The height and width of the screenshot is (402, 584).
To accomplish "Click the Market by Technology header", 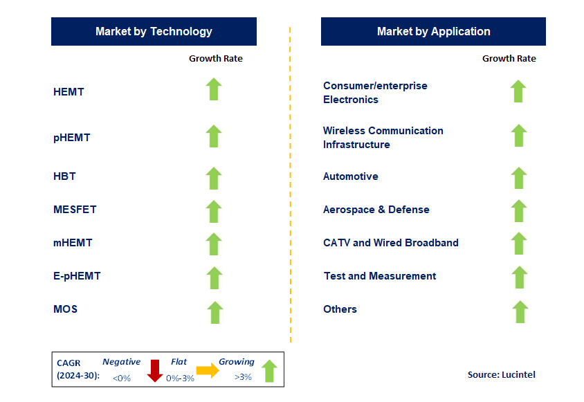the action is pyautogui.click(x=154, y=31).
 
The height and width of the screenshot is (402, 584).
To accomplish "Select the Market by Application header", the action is pyautogui.click(x=433, y=31).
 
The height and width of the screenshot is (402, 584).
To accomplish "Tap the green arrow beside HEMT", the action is pyautogui.click(x=214, y=89).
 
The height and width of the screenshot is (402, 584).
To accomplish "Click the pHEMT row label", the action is pyautogui.click(x=72, y=138).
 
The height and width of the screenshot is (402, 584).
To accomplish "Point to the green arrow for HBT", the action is pyautogui.click(x=214, y=178).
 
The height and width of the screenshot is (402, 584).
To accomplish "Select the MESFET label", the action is pyautogui.click(x=75, y=210).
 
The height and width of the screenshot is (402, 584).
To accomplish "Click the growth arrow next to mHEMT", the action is pyautogui.click(x=214, y=244).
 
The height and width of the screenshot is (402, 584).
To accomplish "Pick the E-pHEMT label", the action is pyautogui.click(x=77, y=276).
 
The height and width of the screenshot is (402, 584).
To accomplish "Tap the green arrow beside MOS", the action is pyautogui.click(x=215, y=312).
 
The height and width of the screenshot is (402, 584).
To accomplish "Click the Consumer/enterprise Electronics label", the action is pyautogui.click(x=375, y=93).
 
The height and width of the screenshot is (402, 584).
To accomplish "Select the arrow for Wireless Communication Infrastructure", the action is pyautogui.click(x=518, y=135).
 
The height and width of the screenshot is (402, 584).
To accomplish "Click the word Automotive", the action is pyautogui.click(x=351, y=176).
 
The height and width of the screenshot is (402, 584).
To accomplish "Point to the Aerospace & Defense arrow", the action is pyautogui.click(x=518, y=211).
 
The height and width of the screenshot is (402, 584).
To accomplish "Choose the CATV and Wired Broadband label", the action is pyautogui.click(x=391, y=243).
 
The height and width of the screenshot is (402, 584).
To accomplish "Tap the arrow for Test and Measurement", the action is pyautogui.click(x=519, y=277).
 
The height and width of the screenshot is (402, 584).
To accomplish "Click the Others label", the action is pyautogui.click(x=340, y=309).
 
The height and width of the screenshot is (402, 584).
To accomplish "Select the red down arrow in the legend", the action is pyautogui.click(x=154, y=371).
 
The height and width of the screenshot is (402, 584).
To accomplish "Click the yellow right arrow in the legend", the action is pyautogui.click(x=208, y=370).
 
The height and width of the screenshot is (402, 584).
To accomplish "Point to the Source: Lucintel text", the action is pyautogui.click(x=502, y=374).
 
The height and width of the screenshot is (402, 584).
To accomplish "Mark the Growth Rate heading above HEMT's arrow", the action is pyautogui.click(x=216, y=59).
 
